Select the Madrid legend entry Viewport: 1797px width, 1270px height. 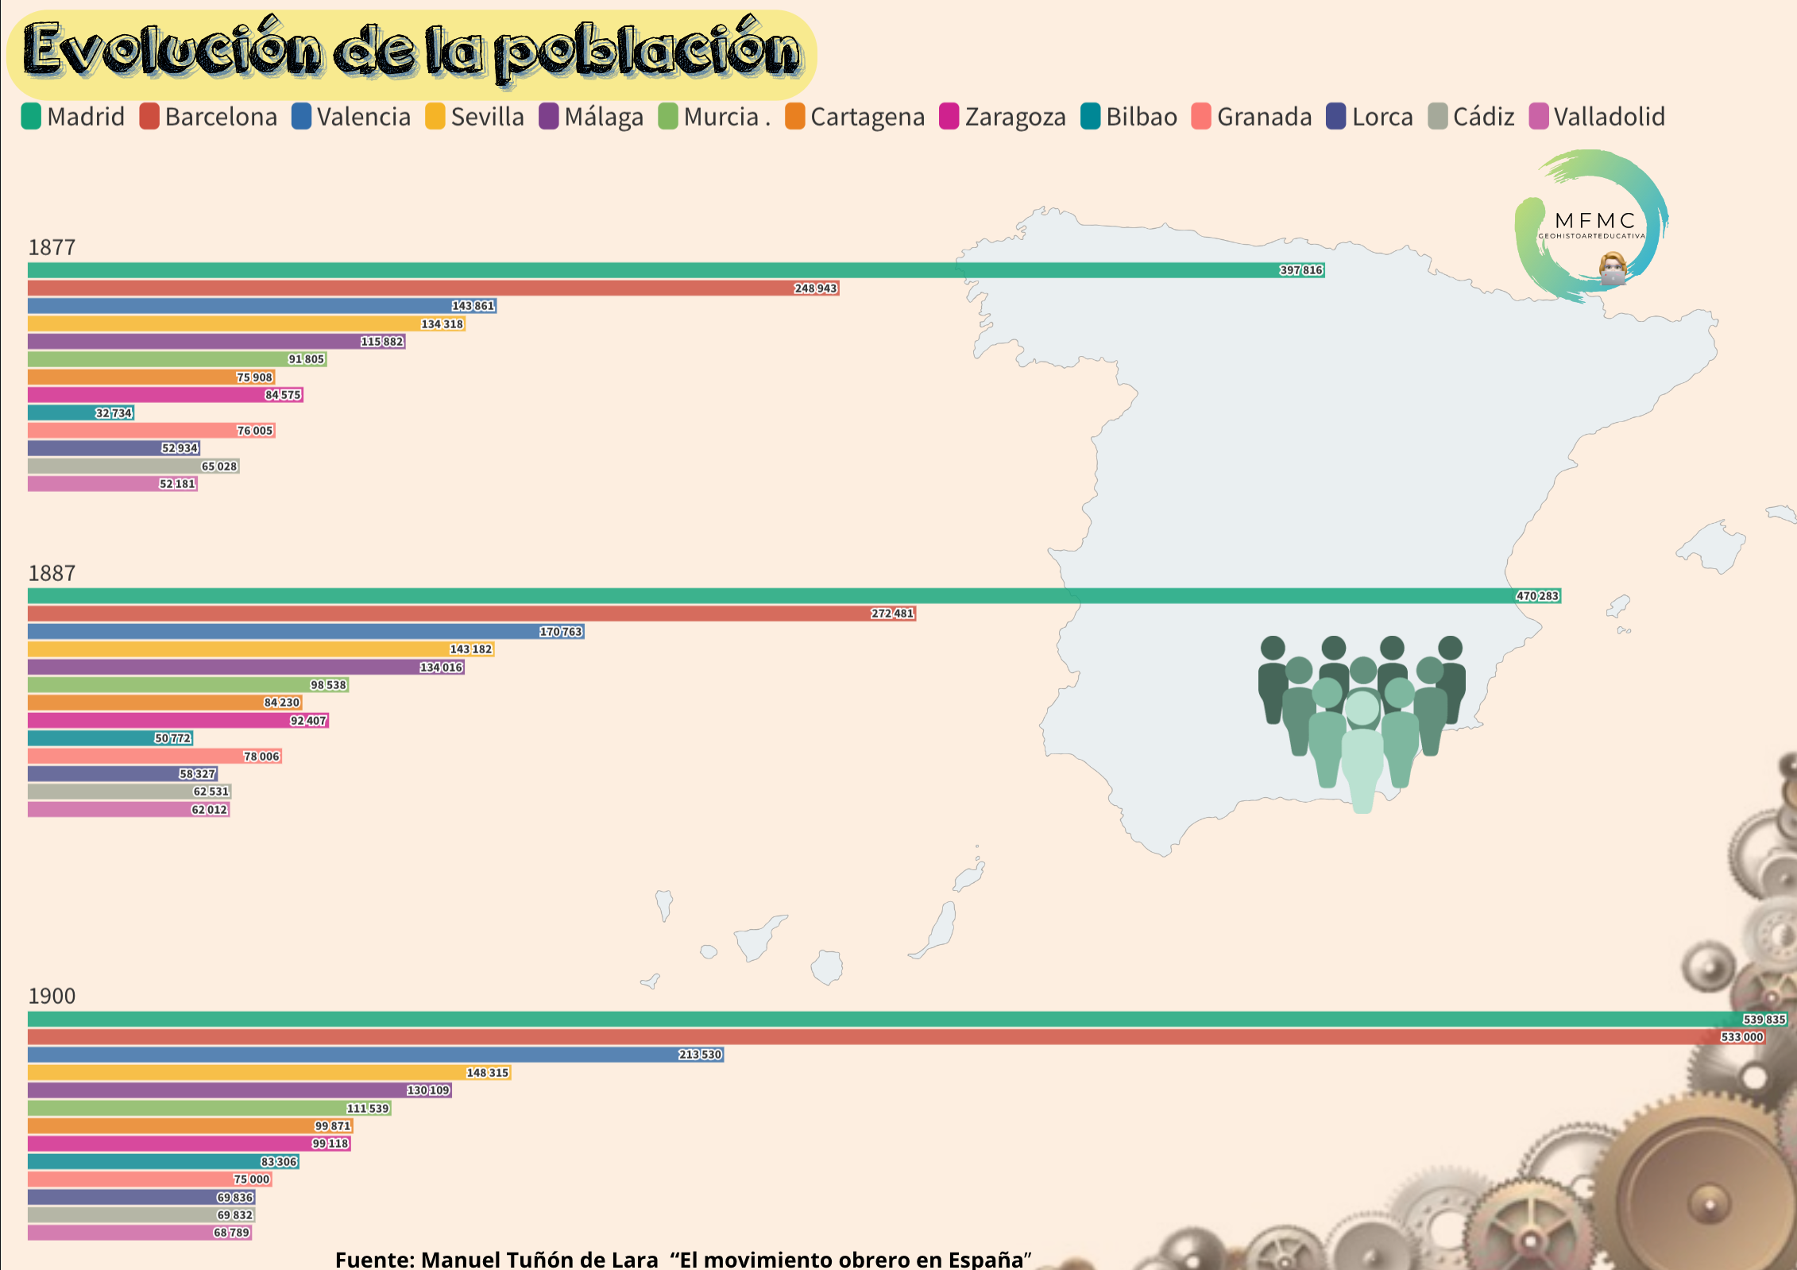tap(73, 117)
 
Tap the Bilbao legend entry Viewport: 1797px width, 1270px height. tap(1129, 117)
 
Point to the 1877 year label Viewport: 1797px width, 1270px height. tap(52, 247)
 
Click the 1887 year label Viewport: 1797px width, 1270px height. tap(52, 573)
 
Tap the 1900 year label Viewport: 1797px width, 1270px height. tap(52, 996)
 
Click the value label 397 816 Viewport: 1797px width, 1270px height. tap(1300, 270)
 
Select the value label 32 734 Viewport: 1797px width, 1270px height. tap(114, 413)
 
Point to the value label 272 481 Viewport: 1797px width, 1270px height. tap(892, 614)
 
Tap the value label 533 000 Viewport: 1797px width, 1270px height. tap(1741, 1037)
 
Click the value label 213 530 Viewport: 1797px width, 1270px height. tap(700, 1055)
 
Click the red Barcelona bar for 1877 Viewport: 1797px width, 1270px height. tap(397, 288)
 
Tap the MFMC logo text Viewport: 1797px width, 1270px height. tap(1594, 220)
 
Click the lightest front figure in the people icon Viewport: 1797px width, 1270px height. tap(1362, 755)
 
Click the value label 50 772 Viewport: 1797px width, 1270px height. tap(172, 738)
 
